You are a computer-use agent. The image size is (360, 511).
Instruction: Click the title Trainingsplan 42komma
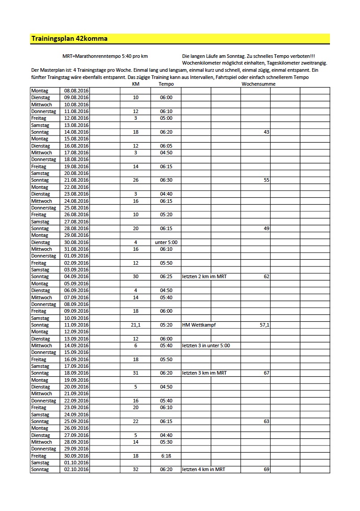pos(69,39)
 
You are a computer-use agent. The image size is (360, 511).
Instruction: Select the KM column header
pos(135,84)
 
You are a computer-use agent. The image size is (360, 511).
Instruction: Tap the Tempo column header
pos(166,84)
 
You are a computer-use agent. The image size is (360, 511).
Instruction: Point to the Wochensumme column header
pos(258,84)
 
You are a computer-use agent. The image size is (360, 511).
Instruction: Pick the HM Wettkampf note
pos(199,325)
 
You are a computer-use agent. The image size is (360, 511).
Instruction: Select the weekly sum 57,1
pos(265,325)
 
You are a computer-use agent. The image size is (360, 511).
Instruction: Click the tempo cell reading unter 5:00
pos(166,242)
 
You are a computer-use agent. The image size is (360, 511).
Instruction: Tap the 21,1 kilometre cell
pos(135,325)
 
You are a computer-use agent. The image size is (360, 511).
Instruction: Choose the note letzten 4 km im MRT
pos(204,470)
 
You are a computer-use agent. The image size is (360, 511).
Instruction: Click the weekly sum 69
pos(266,470)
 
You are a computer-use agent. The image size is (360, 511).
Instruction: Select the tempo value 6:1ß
pos(166,456)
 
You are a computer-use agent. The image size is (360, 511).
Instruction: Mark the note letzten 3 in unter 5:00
pos(206,345)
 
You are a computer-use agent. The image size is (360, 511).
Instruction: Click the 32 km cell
pos(135,470)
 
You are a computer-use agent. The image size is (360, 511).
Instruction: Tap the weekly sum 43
pos(266,132)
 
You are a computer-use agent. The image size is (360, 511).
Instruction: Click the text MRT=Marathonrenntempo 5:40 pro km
pos(105,56)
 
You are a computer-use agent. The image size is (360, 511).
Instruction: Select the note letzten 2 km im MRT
pos(204,276)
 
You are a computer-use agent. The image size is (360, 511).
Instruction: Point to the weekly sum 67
pos(266,373)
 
